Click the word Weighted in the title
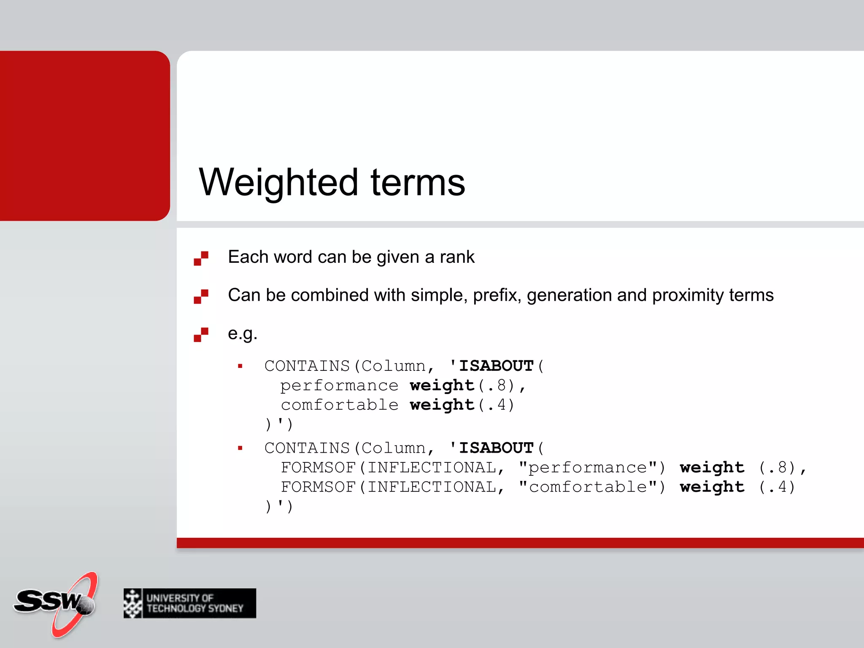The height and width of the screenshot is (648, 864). point(278,182)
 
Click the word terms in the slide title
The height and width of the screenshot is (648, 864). point(418,182)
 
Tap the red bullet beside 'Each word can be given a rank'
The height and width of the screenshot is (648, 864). point(201,258)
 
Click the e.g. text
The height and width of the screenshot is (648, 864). point(242,334)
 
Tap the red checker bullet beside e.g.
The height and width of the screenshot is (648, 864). point(201,335)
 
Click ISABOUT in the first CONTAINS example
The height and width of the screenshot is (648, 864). point(496,366)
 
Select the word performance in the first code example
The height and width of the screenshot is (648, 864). point(339,385)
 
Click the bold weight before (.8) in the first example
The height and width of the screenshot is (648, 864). point(442,385)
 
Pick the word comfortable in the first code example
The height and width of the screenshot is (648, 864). point(339,405)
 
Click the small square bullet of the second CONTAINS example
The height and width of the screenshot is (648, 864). point(240,448)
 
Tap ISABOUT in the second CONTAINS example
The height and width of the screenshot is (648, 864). point(496,448)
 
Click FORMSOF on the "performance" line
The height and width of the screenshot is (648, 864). point(318,467)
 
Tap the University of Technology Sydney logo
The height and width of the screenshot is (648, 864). point(190,603)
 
